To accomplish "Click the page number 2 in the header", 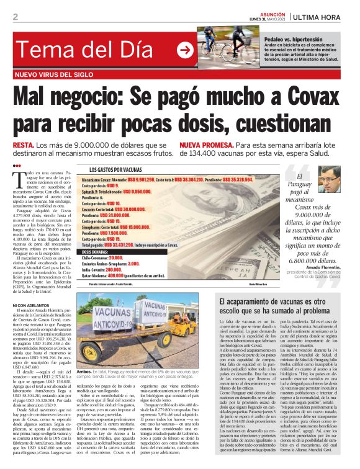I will pos(14,16).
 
